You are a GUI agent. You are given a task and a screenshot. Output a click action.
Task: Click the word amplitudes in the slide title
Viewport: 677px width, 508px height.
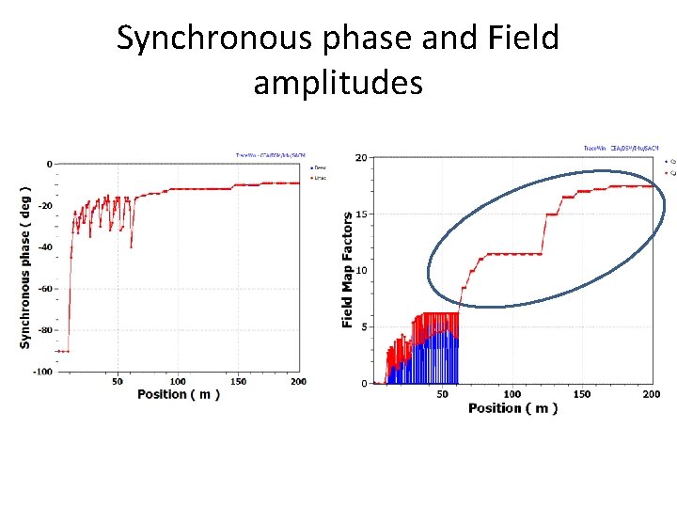pos(338,83)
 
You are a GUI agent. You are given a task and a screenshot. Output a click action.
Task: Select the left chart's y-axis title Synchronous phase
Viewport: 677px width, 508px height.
pos(26,269)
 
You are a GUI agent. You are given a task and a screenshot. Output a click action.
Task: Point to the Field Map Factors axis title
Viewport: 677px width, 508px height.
pos(347,271)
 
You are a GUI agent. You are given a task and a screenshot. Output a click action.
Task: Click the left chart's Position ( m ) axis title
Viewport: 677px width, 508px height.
pos(179,394)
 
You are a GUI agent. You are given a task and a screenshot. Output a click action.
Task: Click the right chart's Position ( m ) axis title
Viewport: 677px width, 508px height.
pos(512,408)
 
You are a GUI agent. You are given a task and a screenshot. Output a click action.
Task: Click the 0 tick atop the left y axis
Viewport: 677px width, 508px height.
pos(49,165)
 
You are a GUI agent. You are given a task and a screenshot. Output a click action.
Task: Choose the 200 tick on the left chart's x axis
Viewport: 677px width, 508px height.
pos(299,382)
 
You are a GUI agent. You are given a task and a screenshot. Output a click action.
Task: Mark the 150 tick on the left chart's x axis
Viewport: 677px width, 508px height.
pos(239,382)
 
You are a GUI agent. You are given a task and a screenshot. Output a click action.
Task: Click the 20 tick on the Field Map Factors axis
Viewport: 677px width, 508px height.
pos(361,158)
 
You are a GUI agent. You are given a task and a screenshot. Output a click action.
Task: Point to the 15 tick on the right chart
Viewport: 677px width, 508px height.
pos(361,214)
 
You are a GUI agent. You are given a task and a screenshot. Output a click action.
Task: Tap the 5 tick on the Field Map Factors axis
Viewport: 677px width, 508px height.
pos(364,327)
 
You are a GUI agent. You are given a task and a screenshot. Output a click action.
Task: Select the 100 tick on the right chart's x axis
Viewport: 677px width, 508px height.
pos(512,395)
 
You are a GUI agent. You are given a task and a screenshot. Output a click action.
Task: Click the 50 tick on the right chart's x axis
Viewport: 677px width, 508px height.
pos(443,395)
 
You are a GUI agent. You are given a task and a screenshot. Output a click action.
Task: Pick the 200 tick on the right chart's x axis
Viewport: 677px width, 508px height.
pos(651,395)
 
